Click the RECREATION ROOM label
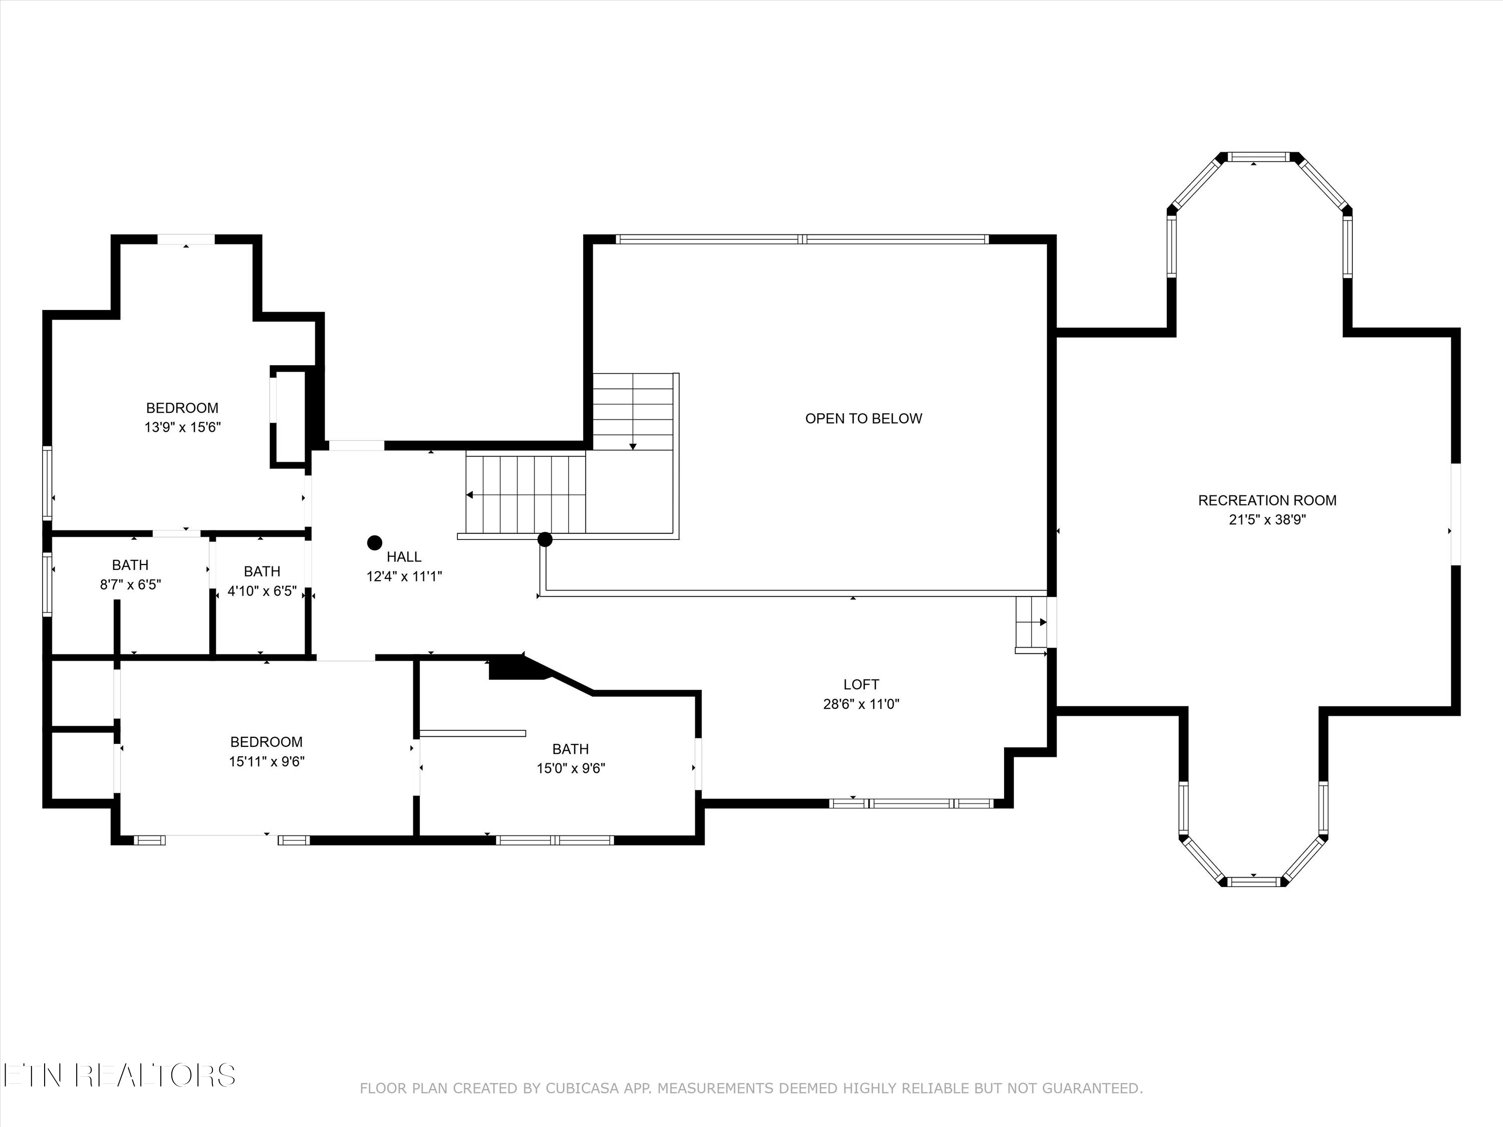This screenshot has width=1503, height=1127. tap(1267, 501)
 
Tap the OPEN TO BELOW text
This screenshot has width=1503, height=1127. tap(864, 418)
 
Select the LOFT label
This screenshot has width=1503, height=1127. tap(861, 685)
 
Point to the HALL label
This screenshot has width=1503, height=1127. tap(404, 557)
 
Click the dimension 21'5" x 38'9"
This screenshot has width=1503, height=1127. tap(1267, 520)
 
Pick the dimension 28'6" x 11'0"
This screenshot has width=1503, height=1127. tap(861, 704)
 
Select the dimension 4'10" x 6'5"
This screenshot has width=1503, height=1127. tap(263, 591)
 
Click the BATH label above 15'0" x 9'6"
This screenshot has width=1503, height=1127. tap(570, 749)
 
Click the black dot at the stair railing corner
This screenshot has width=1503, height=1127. tap(545, 539)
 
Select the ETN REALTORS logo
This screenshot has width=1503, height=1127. tap(120, 1075)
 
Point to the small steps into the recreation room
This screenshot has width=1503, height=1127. tap(1032, 623)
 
